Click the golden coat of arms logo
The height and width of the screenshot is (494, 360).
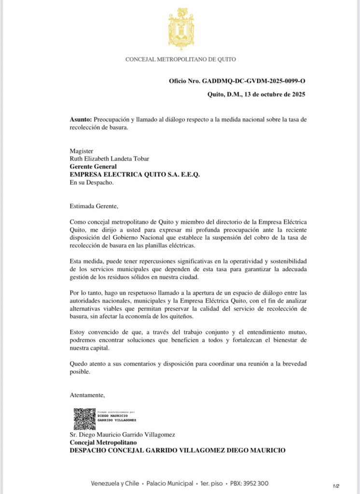point(181,28)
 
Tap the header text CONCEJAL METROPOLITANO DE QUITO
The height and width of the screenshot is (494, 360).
point(180,60)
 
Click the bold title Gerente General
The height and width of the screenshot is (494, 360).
point(93,167)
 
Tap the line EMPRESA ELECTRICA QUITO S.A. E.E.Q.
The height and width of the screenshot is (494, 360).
point(135,175)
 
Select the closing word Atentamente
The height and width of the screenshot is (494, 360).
point(87,395)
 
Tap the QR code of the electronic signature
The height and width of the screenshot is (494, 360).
point(84,419)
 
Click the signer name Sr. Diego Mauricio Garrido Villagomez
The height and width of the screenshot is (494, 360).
point(128,435)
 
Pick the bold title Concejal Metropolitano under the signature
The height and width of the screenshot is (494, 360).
point(103,442)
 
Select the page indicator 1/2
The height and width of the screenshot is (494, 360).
point(336,486)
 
